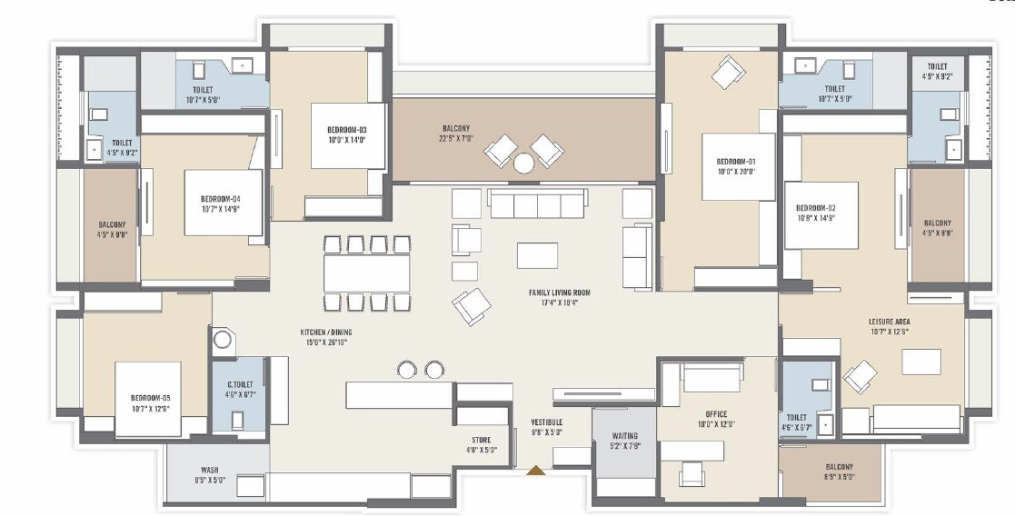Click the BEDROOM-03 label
click(345, 130)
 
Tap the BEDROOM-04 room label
click(220, 198)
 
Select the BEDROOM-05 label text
click(151, 397)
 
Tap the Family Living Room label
click(560, 293)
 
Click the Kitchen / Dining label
click(324, 332)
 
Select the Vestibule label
click(547, 422)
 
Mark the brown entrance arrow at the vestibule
click(537, 471)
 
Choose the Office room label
click(716, 414)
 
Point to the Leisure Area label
click(889, 322)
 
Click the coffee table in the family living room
click(537, 255)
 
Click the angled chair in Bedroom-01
click(729, 73)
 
